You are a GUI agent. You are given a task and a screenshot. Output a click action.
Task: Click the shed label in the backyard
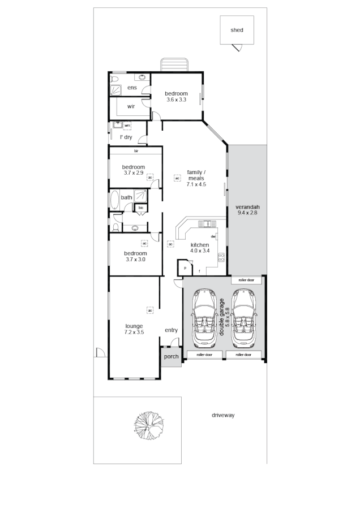point(237,30)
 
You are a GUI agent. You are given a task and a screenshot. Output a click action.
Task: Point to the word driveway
point(223,415)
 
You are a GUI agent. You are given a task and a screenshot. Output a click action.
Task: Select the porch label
point(171,357)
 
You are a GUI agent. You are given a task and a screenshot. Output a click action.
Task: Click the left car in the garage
point(204,318)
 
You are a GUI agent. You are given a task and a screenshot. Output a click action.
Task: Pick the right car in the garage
point(243,318)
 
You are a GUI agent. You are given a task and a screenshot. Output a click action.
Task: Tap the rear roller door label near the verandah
point(246,280)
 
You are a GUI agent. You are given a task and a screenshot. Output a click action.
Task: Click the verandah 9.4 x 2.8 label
point(247,210)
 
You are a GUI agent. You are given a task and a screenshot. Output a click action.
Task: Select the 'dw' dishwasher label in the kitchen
point(213,236)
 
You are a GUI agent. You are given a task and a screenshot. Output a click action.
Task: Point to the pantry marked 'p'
point(185,268)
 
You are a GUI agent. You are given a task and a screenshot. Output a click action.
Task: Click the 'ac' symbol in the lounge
point(150,310)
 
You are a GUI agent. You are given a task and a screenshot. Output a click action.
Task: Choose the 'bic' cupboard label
point(140,208)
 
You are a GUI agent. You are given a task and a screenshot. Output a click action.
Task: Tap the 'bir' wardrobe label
point(136,151)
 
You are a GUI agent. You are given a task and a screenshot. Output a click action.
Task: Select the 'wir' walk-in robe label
point(131,106)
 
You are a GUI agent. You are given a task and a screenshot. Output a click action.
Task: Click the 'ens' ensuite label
point(132,88)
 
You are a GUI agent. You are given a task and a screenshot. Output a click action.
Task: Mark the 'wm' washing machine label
point(127,125)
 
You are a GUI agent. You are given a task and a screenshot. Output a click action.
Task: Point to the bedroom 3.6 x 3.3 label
point(176,97)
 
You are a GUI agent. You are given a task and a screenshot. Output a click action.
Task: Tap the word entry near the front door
point(171,330)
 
